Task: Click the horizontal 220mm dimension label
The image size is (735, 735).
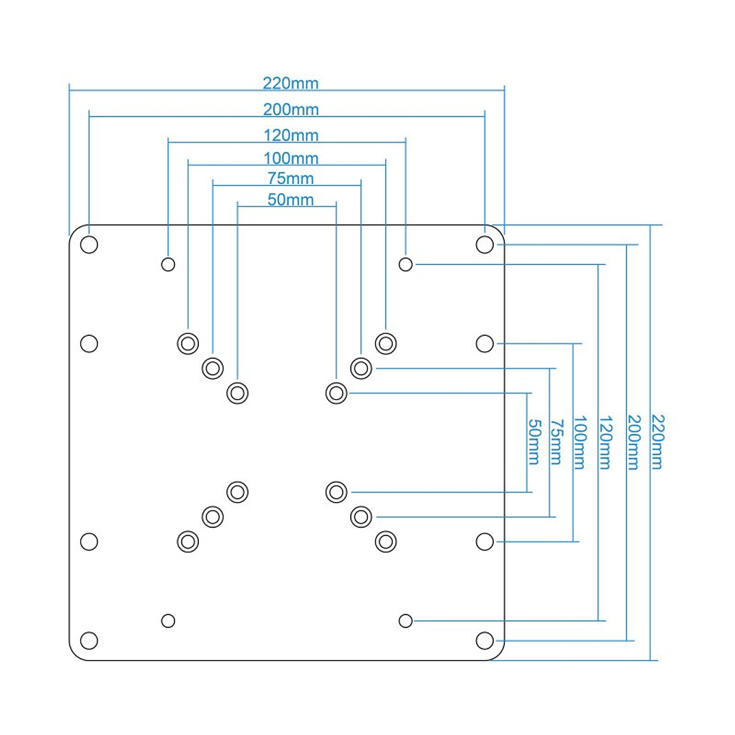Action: coord(291,84)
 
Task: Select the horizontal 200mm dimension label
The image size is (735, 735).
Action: coord(291,109)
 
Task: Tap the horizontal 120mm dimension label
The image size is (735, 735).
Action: coord(291,135)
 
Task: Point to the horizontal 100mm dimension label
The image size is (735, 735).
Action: coord(291,159)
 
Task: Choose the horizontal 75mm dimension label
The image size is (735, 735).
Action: coord(291,179)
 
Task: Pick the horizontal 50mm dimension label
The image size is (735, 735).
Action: coord(291,200)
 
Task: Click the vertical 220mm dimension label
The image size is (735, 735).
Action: coord(657,441)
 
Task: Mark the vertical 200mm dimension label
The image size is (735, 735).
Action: coord(633,441)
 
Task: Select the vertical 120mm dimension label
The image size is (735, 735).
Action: coord(604,441)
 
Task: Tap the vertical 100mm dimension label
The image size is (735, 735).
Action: coord(579,443)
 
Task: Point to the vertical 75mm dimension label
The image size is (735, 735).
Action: coord(556,443)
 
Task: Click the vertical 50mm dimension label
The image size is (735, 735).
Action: coord(534,443)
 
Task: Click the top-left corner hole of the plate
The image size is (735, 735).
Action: coord(89,245)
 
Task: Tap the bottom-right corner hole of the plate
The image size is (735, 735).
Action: coord(484,640)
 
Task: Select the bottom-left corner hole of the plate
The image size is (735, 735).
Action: coord(89,640)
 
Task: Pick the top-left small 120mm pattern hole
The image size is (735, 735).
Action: coord(168,264)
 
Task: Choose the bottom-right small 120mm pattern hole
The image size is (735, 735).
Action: coord(405,621)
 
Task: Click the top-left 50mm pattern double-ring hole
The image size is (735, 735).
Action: coord(237,392)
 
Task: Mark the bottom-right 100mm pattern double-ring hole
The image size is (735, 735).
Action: coord(386,542)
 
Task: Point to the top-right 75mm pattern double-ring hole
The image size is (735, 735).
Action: coord(360,369)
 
